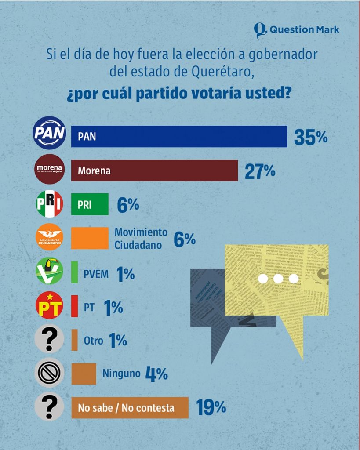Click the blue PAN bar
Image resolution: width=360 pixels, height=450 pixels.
[x=179, y=136]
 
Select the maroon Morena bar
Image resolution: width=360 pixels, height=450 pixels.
[x=154, y=170]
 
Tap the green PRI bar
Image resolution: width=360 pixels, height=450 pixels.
[x=90, y=204]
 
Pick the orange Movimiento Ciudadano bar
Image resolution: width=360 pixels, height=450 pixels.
[x=90, y=238]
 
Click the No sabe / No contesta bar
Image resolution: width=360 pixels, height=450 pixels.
[x=130, y=408]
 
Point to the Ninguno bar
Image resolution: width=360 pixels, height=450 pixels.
[x=84, y=374]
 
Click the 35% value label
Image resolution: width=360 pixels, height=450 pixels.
[x=311, y=138]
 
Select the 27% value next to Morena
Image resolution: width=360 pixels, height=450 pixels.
[x=260, y=171]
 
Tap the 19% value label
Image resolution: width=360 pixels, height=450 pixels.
[x=211, y=408]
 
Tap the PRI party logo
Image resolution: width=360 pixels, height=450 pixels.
[x=49, y=204]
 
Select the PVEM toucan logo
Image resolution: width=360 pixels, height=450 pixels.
[x=49, y=271]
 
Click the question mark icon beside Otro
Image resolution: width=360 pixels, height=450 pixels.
[x=49, y=339]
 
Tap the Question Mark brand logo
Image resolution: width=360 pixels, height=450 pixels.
[x=297, y=30]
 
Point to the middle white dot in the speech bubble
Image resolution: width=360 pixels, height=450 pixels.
[x=278, y=279]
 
